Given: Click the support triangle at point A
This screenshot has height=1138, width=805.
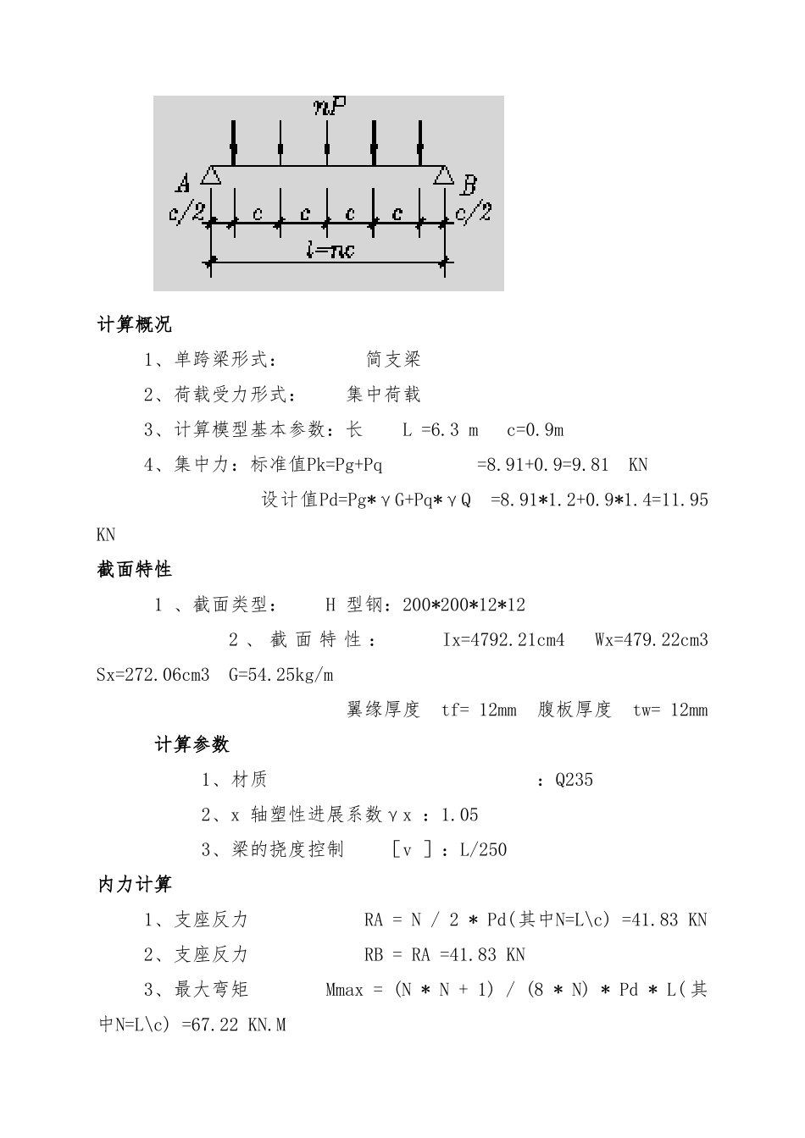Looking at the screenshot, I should click(x=211, y=175).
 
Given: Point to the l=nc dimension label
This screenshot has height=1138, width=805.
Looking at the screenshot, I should click(x=330, y=250).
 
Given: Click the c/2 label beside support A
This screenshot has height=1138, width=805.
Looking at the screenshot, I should click(x=187, y=213).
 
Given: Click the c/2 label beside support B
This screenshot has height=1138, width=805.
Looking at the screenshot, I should click(x=474, y=213).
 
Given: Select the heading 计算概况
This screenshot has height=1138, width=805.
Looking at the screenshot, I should click(x=135, y=324).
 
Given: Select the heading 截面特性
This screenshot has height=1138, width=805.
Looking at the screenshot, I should click(x=135, y=570).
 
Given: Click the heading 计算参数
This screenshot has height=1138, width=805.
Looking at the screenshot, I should click(x=192, y=745).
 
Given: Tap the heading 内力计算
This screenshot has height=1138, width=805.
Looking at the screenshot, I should click(x=135, y=885).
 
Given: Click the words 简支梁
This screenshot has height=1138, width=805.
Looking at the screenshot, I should click(x=393, y=359).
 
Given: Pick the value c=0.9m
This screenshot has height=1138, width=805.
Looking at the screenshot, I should click(x=535, y=430).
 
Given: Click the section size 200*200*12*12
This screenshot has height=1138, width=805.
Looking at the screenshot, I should click(x=464, y=605).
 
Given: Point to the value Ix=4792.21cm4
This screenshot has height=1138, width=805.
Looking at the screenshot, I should click(x=503, y=640).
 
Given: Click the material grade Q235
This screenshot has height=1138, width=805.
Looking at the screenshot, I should click(x=574, y=780).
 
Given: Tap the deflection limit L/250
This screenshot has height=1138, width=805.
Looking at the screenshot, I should click(x=483, y=850).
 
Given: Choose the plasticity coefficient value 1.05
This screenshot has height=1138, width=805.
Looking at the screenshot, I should click(x=460, y=815).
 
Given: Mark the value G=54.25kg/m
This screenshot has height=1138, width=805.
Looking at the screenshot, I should click(x=280, y=675).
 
